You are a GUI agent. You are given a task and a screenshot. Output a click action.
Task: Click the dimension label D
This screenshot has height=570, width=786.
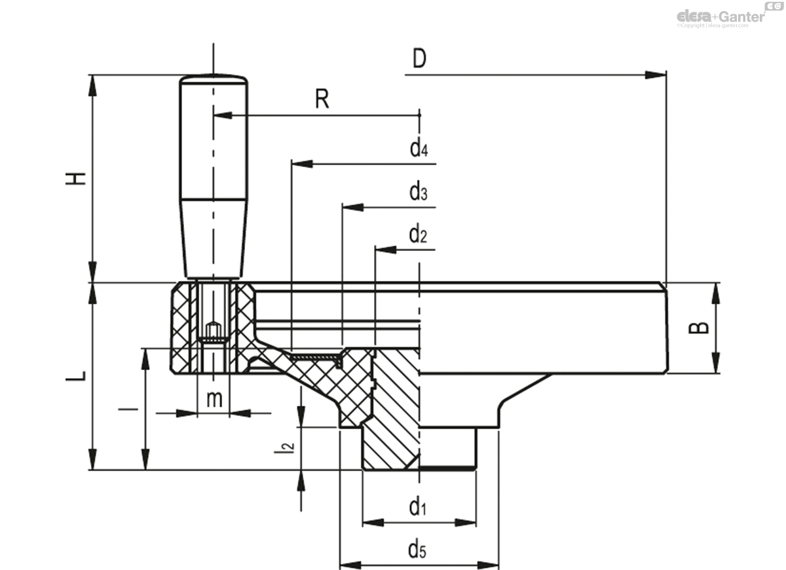(419, 59)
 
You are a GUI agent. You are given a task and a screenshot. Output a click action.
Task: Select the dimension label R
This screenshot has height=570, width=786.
(322, 100)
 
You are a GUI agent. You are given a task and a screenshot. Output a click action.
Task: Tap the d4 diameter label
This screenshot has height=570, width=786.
(419, 149)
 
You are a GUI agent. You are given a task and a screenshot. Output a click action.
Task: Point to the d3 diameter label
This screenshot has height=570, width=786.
(419, 193)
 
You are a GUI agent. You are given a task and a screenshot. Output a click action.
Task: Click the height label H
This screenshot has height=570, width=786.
(78, 178)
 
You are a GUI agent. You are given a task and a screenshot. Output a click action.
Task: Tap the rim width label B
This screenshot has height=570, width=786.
(701, 328)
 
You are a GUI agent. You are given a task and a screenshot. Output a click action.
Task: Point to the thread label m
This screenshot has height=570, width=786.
(214, 398)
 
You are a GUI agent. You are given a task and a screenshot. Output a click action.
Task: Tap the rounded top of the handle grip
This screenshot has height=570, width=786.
(214, 79)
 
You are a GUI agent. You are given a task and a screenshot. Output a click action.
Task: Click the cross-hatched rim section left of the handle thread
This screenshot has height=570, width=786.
(183, 328)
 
